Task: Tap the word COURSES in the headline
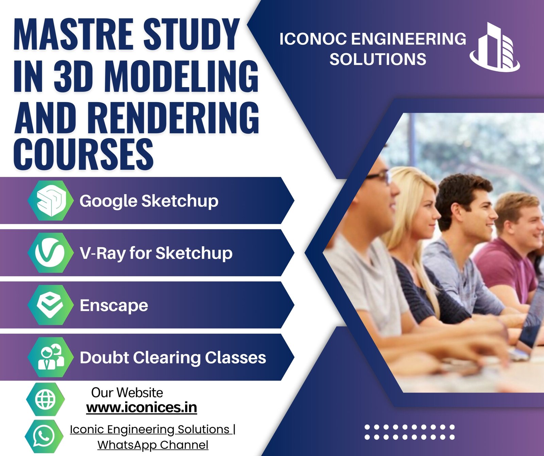(x=83, y=154)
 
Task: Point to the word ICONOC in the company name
(x=313, y=39)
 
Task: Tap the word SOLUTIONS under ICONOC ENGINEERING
(x=378, y=59)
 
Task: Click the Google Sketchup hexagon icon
(x=51, y=201)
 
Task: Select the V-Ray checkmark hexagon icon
(x=51, y=253)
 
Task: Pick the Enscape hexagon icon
(x=51, y=305)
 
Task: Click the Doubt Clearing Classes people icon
(x=51, y=357)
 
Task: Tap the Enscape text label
(x=114, y=306)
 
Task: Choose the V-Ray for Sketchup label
(x=156, y=253)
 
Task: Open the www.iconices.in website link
(x=141, y=407)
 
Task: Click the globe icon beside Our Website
(x=46, y=399)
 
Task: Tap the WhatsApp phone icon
(x=44, y=436)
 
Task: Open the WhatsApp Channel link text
(x=153, y=445)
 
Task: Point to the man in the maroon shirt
(x=510, y=252)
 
